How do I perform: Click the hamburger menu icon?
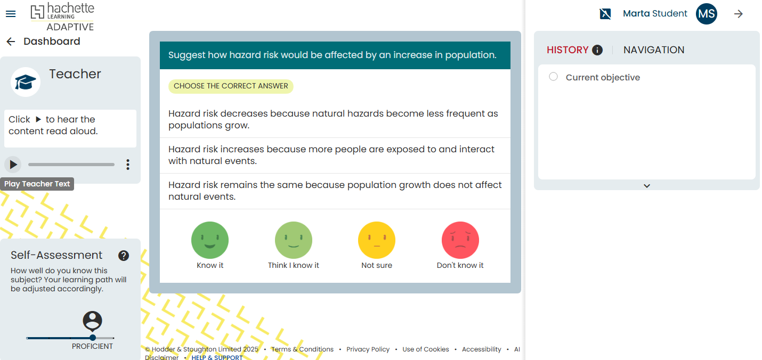(x=11, y=14)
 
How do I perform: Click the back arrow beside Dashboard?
(x=11, y=42)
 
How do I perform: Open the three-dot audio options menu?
(x=128, y=165)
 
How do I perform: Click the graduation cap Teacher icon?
(x=26, y=82)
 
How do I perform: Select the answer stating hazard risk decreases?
(x=335, y=120)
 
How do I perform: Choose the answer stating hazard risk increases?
(x=335, y=155)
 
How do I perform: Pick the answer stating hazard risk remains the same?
(x=335, y=191)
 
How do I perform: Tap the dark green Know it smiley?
(x=210, y=240)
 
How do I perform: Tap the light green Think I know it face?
(x=294, y=240)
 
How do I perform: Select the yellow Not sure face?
(x=377, y=240)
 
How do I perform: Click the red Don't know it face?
(x=460, y=240)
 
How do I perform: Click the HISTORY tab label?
(x=568, y=50)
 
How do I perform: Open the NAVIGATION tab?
(x=654, y=50)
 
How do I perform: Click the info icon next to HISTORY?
(x=597, y=50)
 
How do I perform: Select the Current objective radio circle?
(x=553, y=77)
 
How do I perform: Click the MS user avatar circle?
(x=707, y=14)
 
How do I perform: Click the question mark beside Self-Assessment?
(x=124, y=256)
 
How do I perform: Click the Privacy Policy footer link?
(x=368, y=349)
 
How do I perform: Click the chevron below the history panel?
(x=647, y=186)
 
